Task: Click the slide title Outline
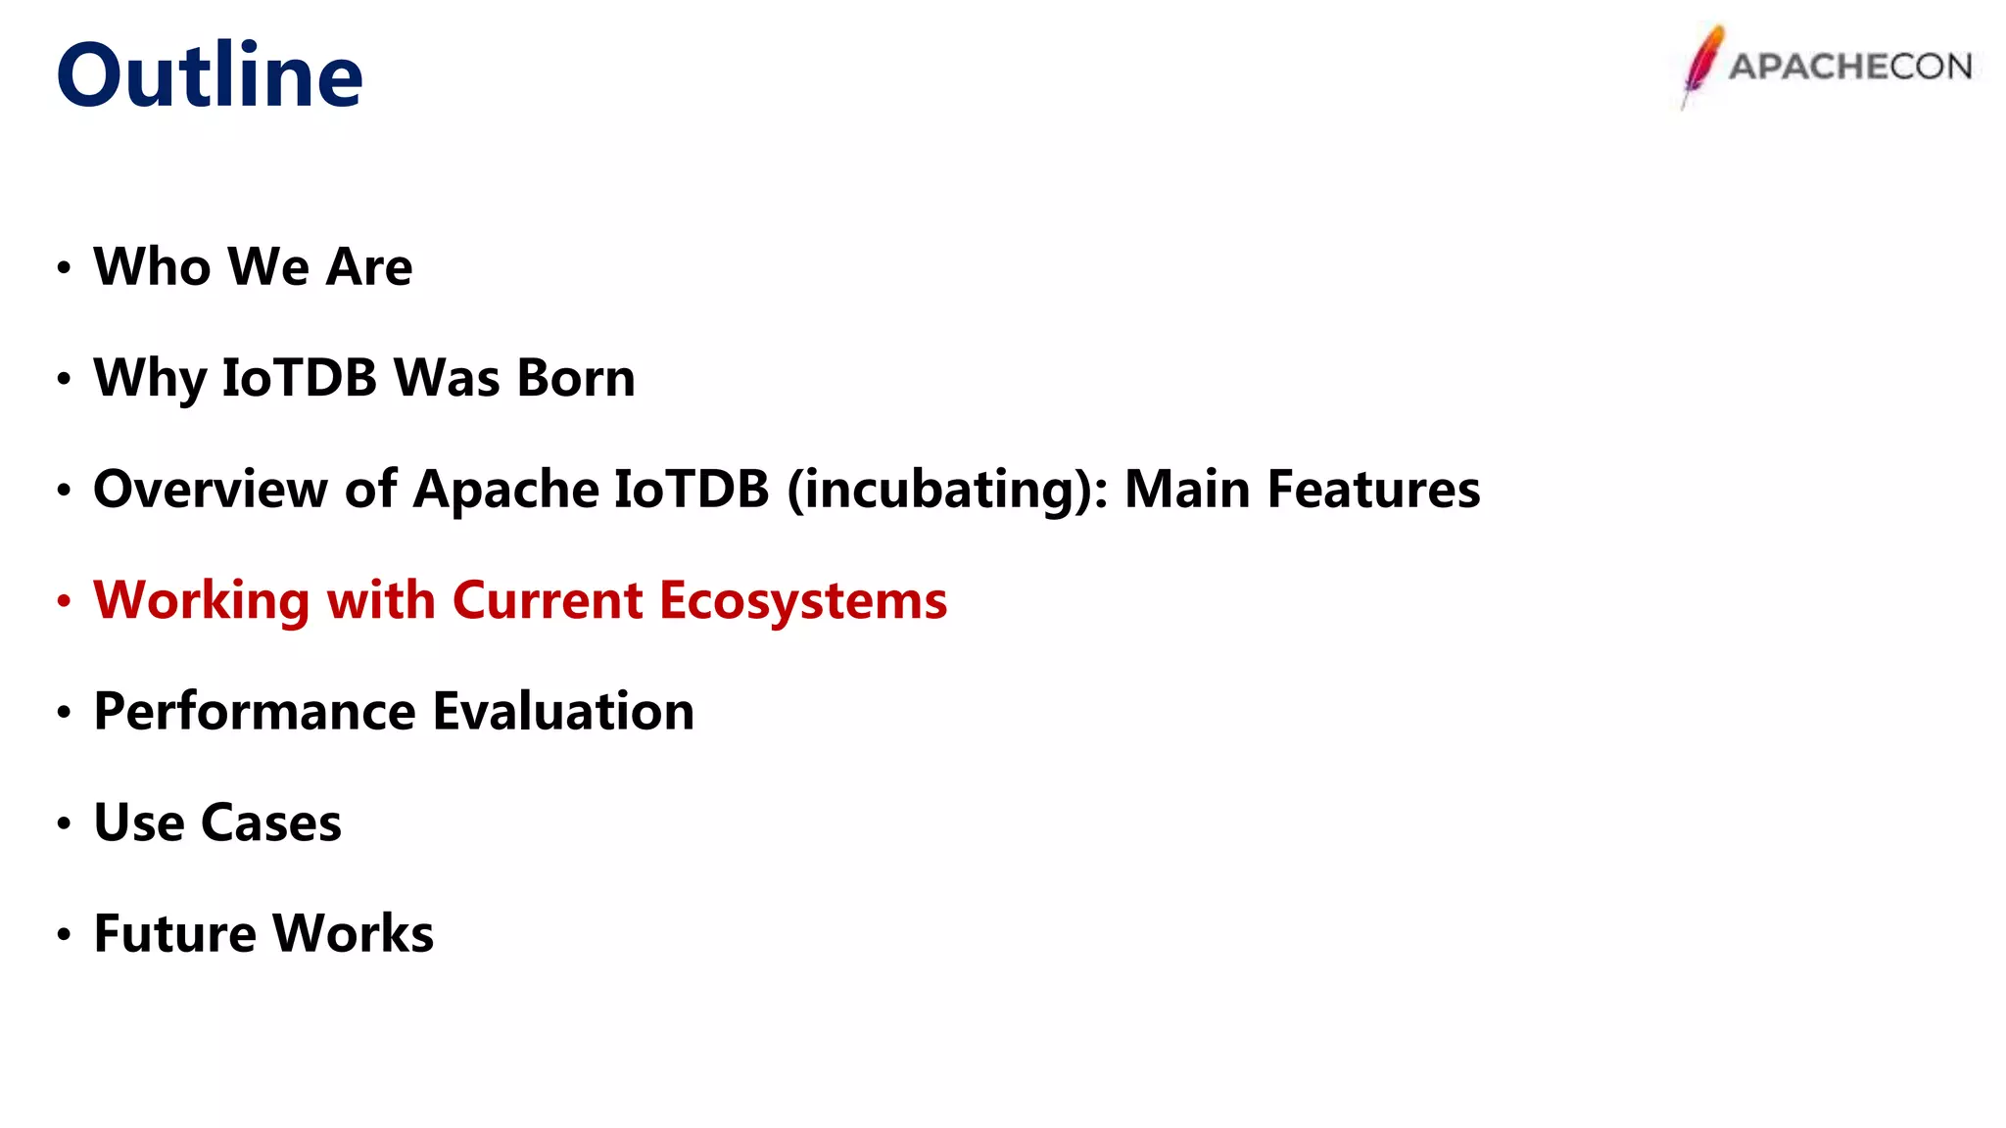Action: coord(210,75)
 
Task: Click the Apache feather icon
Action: coord(1702,65)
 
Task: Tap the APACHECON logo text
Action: coord(1850,67)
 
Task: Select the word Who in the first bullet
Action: coord(152,266)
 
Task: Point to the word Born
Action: coord(576,378)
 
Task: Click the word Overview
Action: coord(210,489)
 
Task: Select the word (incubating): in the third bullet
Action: coord(948,491)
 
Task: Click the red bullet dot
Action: coord(64,600)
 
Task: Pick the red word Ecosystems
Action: coord(803,601)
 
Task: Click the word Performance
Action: coord(255,711)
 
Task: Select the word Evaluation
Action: coord(563,711)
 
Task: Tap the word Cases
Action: coord(271,822)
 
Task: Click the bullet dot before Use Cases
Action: coord(64,823)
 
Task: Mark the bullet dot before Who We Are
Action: coord(64,267)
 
